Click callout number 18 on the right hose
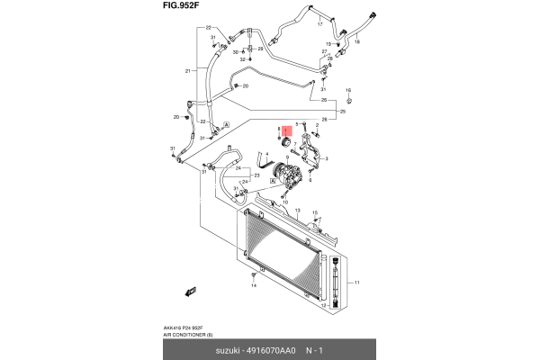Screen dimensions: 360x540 tap(356, 42)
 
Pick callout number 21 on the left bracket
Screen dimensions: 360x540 tap(189, 71)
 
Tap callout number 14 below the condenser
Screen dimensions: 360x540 tap(255, 285)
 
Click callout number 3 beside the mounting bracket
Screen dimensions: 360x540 tap(326, 158)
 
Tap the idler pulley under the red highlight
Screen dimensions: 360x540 tap(286, 141)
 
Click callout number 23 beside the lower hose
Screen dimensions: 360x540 tap(256, 176)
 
